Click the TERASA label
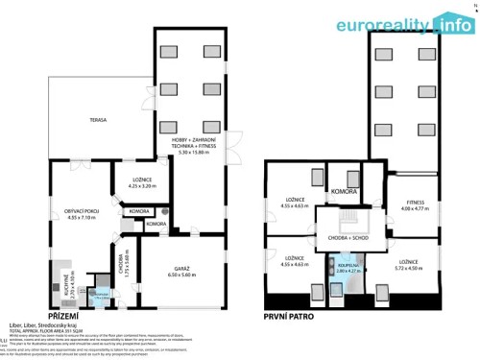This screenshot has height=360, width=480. (x=99, y=120)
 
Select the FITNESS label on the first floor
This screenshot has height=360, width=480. (x=415, y=203)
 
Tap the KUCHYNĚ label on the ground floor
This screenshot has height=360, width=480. (x=55, y=284)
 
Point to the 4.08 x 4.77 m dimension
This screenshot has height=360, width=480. (x=415, y=208)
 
